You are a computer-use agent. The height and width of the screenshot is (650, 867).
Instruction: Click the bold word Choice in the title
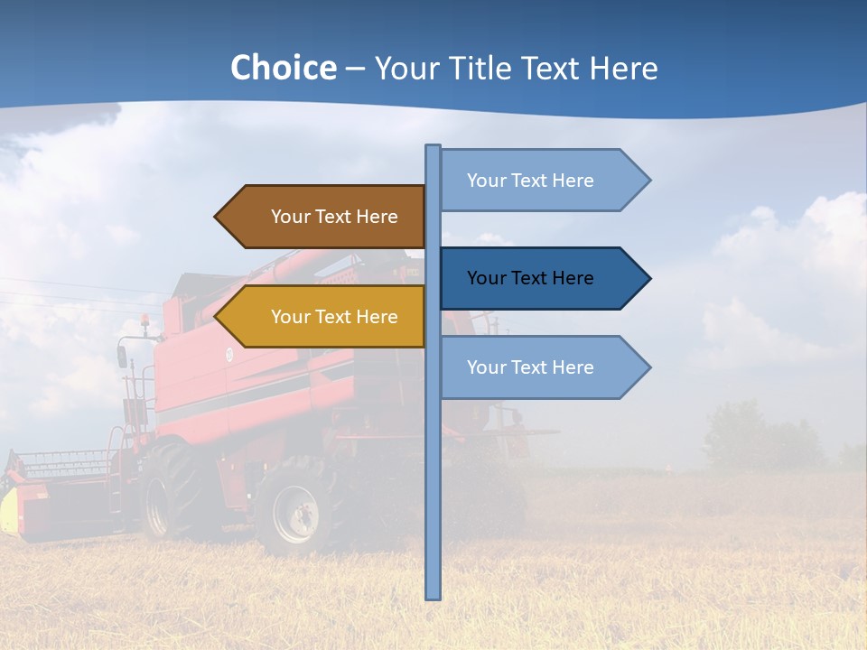[283, 68]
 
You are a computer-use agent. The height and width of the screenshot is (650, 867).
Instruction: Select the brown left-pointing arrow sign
[321, 217]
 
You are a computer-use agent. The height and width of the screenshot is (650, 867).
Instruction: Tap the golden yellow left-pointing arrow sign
[321, 317]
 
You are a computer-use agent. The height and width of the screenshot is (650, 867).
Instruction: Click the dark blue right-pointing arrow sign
[542, 278]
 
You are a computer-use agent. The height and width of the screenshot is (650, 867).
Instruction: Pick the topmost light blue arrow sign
[542, 181]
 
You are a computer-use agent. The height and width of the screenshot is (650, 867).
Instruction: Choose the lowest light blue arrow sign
[542, 367]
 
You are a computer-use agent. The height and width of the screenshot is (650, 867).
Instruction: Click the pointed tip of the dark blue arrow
[648, 278]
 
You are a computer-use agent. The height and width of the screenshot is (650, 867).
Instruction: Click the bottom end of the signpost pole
[433, 596]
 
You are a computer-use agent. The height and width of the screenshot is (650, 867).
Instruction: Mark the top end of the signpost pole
[433, 147]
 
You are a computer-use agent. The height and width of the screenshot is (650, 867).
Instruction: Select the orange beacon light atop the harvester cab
[144, 320]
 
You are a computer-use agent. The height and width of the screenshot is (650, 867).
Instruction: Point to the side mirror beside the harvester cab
[122, 356]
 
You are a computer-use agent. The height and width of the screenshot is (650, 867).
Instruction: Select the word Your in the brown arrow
[290, 217]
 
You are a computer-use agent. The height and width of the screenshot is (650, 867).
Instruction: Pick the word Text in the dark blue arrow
[530, 278]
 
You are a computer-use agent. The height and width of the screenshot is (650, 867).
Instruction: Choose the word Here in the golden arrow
[377, 317]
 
